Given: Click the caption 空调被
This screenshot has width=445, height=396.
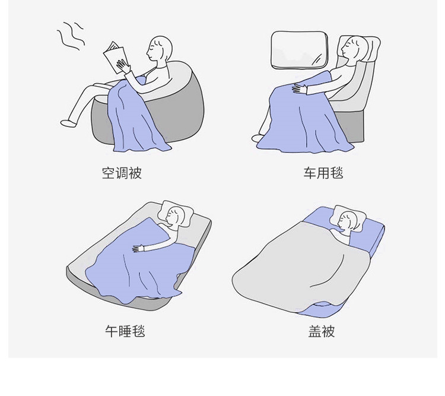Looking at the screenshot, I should click(122, 173).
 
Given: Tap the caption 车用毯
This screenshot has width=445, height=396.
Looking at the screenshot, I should click(323, 173).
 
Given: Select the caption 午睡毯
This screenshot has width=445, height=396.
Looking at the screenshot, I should click(125, 331).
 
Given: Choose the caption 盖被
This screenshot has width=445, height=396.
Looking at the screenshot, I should click(322, 331).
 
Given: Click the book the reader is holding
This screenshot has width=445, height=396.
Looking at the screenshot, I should click(115, 57).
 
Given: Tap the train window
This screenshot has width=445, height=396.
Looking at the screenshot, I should click(300, 50).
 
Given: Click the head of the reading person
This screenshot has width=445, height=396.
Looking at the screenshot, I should click(160, 48).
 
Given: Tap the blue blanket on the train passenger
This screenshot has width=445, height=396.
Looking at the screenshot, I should click(297, 119).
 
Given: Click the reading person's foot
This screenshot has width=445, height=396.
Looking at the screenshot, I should click(68, 123).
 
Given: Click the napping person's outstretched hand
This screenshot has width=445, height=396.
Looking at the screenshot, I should click(138, 248).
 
